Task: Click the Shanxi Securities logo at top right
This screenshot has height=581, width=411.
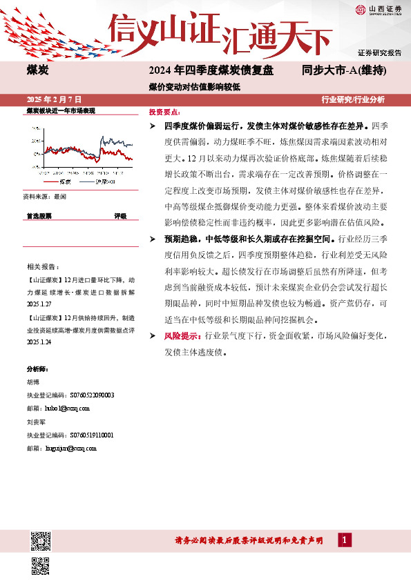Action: coord(380,10)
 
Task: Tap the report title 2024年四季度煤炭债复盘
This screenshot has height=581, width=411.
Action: coord(211,70)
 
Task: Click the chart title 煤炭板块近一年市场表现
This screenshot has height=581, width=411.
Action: coord(59,110)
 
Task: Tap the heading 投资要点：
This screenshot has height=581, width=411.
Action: coord(165,112)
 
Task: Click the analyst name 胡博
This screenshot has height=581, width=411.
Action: coord(33,382)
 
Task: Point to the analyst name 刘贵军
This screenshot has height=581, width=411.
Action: coord(35,422)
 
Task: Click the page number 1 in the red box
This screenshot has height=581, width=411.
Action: coord(342,540)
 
